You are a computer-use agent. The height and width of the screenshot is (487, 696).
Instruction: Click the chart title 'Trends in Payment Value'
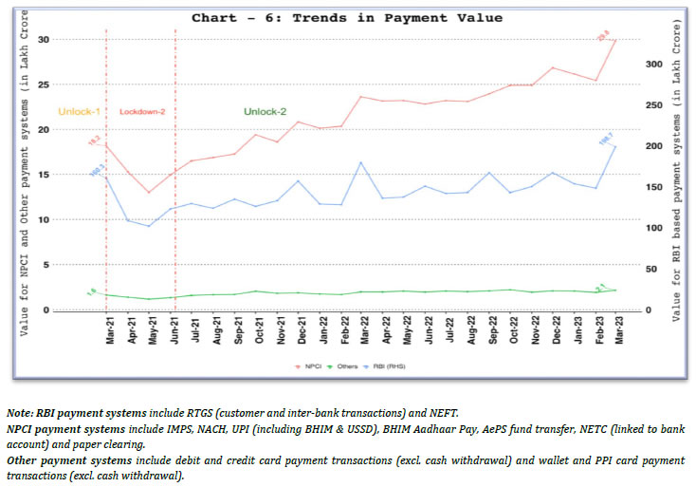[x=347, y=17]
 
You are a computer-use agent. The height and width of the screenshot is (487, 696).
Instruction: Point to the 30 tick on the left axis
[x=43, y=40]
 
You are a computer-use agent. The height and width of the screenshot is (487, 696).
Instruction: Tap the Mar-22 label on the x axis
[x=362, y=335]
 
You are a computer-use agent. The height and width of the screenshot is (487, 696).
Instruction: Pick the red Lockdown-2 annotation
[x=142, y=112]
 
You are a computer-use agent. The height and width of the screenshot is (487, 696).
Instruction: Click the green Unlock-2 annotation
[x=265, y=112]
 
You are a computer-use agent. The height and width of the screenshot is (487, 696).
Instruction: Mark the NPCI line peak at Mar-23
[x=615, y=40]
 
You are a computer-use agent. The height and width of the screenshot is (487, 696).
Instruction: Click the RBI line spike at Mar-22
[x=361, y=162]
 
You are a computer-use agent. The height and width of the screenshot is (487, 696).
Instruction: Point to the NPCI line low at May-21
[x=149, y=193]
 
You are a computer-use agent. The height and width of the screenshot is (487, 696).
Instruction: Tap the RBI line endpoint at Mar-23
[x=615, y=146]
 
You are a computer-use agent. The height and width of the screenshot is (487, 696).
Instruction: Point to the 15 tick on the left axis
[x=43, y=175]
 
